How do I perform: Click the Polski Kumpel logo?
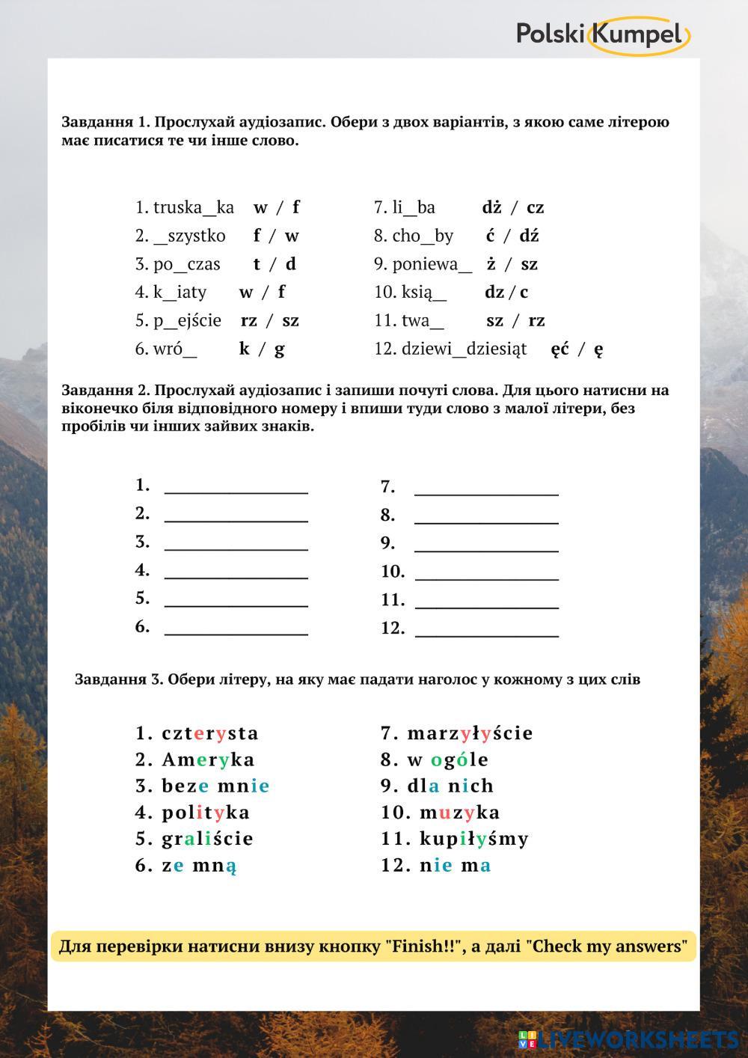602,34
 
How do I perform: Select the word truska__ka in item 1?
194,207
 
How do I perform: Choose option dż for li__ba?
491,207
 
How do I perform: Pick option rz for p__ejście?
248,320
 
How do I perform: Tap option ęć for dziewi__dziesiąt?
560,349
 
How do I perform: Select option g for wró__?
280,349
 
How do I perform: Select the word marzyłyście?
470,733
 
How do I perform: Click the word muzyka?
459,812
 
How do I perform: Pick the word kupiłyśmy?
474,839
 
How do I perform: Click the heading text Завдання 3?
118,679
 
